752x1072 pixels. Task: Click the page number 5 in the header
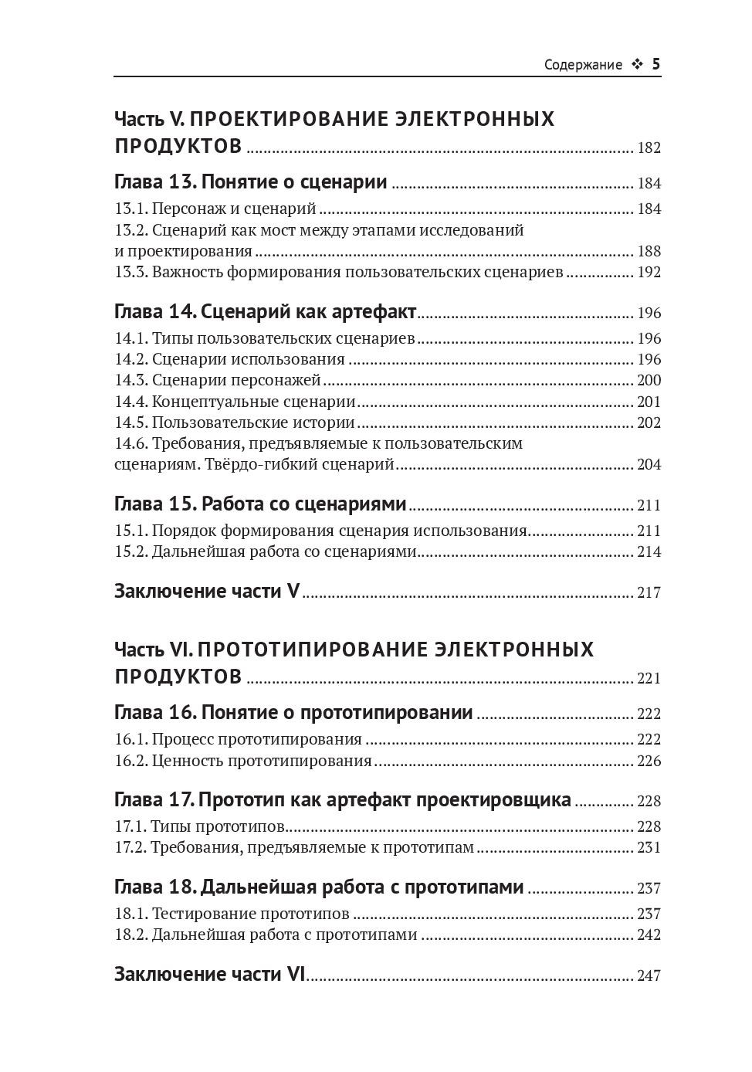(656, 64)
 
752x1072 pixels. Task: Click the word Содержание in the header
(583, 65)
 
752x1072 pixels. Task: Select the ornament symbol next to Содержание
(637, 65)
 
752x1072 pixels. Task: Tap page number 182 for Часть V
(649, 148)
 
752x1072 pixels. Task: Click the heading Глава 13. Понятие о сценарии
(251, 182)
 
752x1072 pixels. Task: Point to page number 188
(649, 251)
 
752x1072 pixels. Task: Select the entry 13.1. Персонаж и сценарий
(215, 209)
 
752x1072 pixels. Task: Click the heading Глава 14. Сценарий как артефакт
(266, 312)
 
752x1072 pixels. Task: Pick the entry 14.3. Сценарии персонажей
(217, 380)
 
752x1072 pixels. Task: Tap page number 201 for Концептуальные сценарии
(649, 402)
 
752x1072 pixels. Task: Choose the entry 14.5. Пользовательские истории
(235, 422)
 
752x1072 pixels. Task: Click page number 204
(649, 464)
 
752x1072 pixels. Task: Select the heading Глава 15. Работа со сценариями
(260, 504)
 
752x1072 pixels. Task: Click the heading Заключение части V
(207, 592)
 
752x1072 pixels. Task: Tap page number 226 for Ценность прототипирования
(649, 761)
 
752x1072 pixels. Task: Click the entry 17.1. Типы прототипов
(200, 826)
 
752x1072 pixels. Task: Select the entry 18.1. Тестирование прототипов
(232, 914)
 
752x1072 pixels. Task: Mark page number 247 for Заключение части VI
(649, 975)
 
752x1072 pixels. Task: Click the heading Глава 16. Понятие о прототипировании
(293, 713)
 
